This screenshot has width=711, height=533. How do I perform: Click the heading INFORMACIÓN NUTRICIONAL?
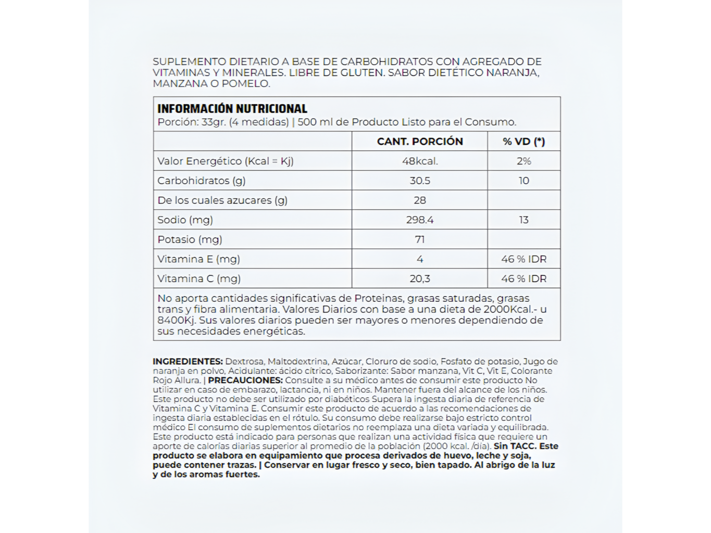232,109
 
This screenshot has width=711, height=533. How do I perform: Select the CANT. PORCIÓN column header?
420,142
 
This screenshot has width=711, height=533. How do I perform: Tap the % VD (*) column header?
523,142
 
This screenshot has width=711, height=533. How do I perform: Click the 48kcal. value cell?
420,161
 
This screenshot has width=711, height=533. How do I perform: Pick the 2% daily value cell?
523,161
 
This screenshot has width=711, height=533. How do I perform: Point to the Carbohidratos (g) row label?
202,181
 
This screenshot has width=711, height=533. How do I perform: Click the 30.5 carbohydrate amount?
420,181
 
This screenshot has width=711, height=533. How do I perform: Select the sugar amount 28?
420,200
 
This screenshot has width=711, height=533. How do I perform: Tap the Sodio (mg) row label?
185,220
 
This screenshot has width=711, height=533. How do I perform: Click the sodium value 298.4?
420,220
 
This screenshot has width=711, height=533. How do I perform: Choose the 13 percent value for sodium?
523,220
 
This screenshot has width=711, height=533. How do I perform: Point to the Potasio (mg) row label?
190,239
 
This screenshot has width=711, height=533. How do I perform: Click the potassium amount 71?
420,239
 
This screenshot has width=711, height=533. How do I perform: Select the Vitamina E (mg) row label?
199,259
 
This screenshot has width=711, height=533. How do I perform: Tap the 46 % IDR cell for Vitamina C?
523,279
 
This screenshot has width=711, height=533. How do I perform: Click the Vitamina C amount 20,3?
420,279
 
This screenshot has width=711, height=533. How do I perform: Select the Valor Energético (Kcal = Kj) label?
226,161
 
